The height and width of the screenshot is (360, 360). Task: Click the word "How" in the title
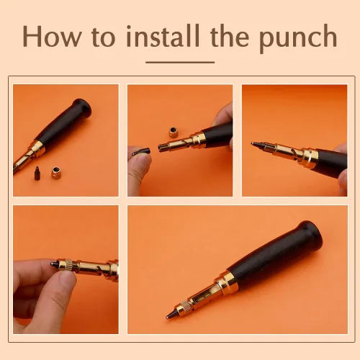(53, 36)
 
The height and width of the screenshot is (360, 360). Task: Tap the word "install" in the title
(163, 35)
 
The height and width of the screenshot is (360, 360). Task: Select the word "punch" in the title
(298, 38)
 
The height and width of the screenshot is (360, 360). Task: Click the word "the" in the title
(230, 35)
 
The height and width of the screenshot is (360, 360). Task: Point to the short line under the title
(180, 62)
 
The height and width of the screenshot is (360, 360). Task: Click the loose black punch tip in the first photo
(37, 174)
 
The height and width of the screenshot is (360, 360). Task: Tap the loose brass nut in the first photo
(56, 173)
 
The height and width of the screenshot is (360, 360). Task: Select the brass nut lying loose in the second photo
(174, 132)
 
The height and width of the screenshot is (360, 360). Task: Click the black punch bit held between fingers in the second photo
(141, 152)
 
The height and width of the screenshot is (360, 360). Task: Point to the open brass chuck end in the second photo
(162, 147)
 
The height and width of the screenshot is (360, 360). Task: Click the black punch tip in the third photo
(258, 145)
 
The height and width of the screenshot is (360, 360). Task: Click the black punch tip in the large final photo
(171, 314)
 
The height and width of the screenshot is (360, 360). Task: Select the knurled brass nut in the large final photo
(184, 307)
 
